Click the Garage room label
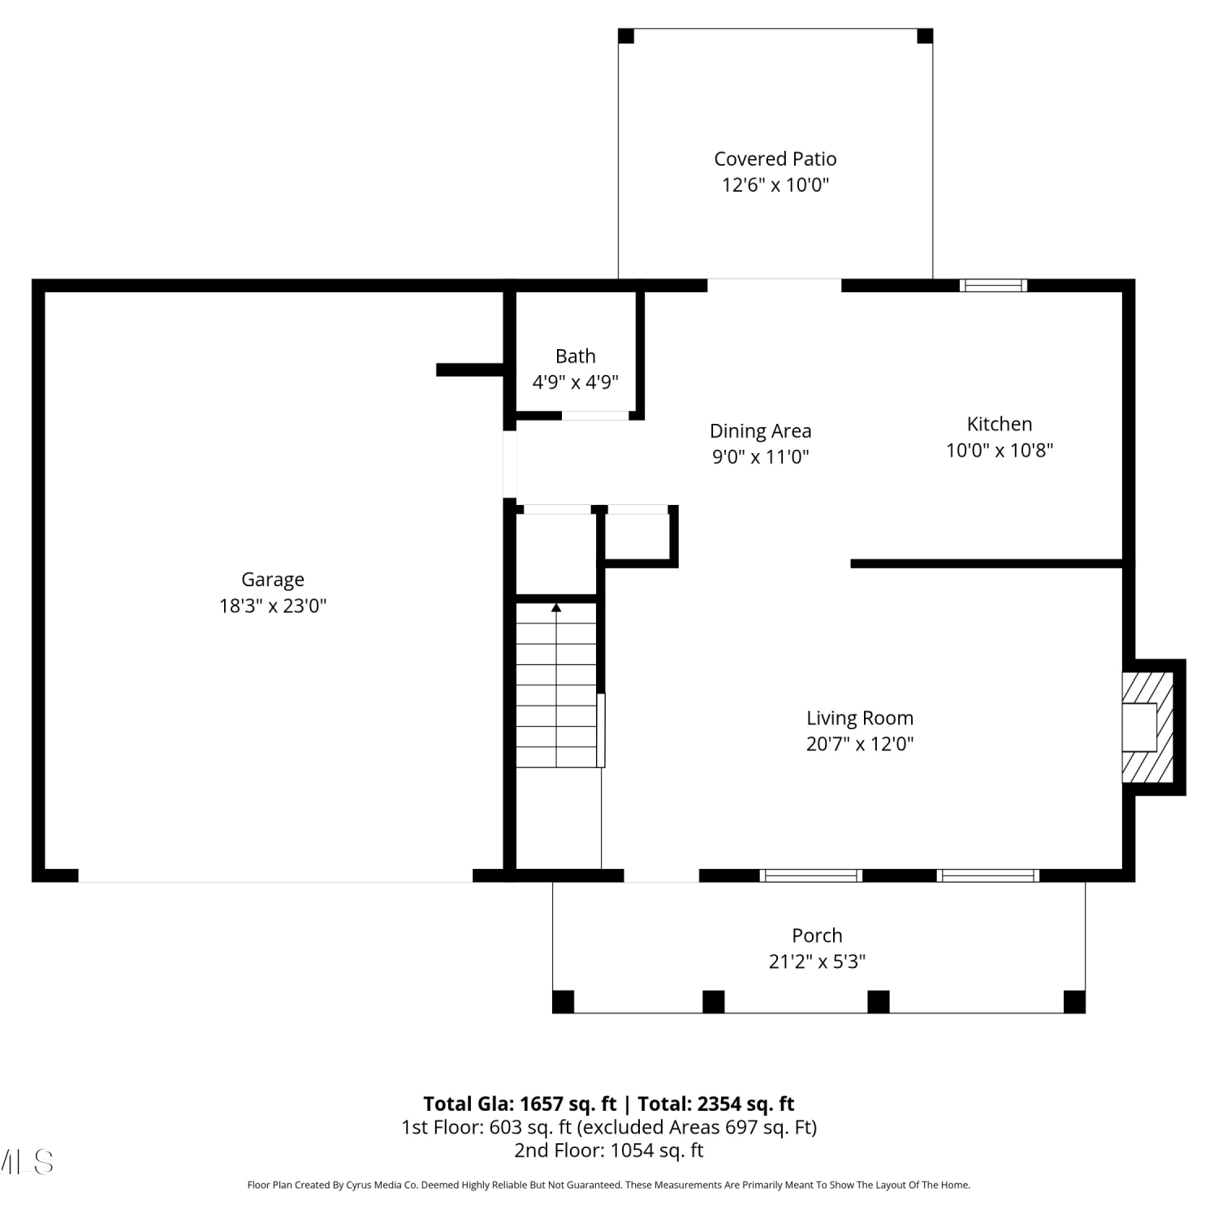coord(273,580)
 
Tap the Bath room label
coord(576,356)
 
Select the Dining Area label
coord(761,431)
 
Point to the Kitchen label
coord(1000,424)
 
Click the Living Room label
coord(860,719)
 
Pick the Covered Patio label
coord(775,159)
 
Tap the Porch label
coord(818,935)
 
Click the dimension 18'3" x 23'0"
coord(273,606)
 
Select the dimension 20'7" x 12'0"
coord(860,744)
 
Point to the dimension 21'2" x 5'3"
coord(818,961)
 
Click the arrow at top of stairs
coord(556,607)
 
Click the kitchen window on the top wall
coord(993,285)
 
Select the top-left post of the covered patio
coord(626,37)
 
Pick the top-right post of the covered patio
coord(925,37)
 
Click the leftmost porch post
coord(563,1001)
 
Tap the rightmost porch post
coord(1074,1001)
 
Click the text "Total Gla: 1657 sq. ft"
coord(520,1104)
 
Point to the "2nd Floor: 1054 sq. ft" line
coord(609,1151)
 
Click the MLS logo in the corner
coord(27,1162)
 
